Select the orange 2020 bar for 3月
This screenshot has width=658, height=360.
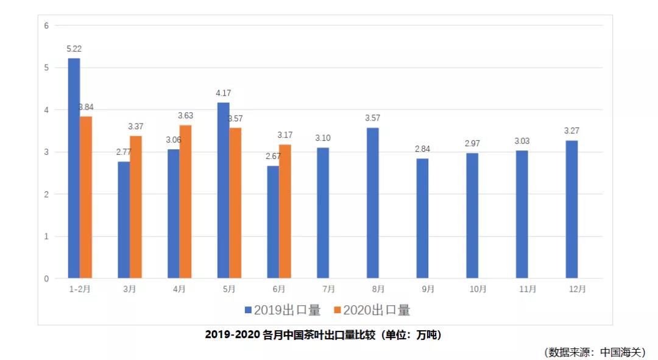pyautogui.click(x=136, y=207)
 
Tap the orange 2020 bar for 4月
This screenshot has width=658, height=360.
pyautogui.click(x=185, y=202)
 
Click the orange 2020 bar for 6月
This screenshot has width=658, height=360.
pyautogui.click(x=285, y=211)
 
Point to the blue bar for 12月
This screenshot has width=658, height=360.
pyautogui.click(x=571, y=210)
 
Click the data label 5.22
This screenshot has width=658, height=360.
pyautogui.click(x=74, y=48)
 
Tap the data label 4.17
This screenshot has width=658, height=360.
pyautogui.click(x=223, y=93)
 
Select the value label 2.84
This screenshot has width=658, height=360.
pyautogui.click(x=422, y=149)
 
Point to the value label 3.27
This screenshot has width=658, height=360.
pyautogui.click(x=571, y=131)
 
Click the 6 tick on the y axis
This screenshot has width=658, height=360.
pyautogui.click(x=46, y=26)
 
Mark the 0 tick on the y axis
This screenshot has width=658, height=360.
pyautogui.click(x=46, y=279)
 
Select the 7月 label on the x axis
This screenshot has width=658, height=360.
pyautogui.click(x=328, y=289)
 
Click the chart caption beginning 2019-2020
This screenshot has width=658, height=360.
pyautogui.click(x=323, y=334)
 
